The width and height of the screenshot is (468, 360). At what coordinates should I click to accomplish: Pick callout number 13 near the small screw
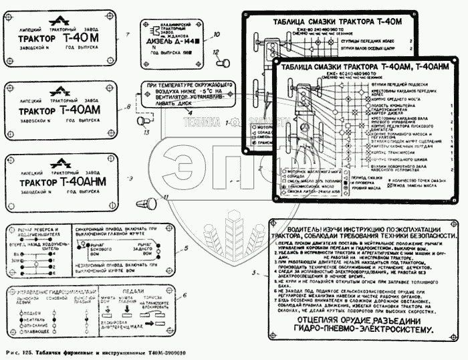tap(146, 133)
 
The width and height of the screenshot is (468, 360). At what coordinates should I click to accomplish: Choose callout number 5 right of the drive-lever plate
tap(188, 248)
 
